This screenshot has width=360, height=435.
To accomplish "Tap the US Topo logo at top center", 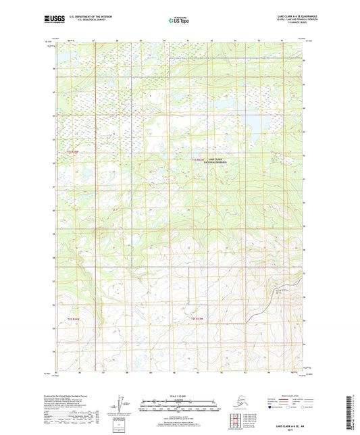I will pyautogui.click(x=178, y=21).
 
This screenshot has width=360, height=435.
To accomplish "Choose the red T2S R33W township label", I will pyautogui.click(x=197, y=317).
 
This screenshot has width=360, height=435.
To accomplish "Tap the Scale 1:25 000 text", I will pyautogui.click(x=180, y=395).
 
